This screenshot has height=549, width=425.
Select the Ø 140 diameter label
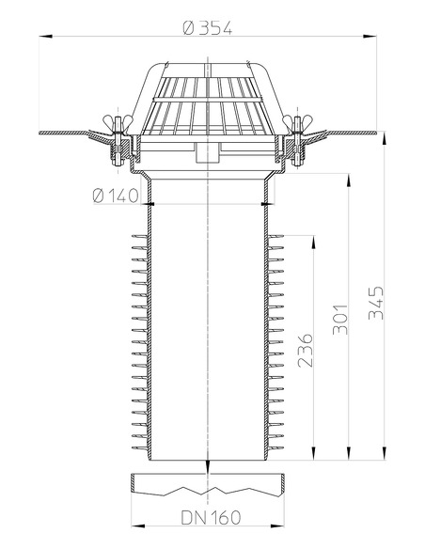tap(117, 196)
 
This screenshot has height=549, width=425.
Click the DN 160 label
tap(203, 516)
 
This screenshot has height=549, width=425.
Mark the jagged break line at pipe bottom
tap(206, 491)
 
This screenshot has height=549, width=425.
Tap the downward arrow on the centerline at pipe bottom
tap(205, 475)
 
